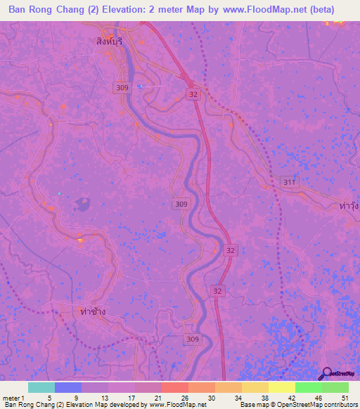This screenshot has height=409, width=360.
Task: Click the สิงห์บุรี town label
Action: (110, 41)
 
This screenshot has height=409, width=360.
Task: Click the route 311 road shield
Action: (288, 181)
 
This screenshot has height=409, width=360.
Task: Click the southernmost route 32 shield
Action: (218, 290)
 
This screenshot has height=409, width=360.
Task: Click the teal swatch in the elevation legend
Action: (41, 387)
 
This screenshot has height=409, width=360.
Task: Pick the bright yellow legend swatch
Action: (281, 387)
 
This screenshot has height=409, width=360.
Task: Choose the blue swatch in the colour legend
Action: (68, 387)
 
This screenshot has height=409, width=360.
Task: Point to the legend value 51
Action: (345, 398)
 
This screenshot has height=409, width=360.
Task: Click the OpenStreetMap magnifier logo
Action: (328, 373)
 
